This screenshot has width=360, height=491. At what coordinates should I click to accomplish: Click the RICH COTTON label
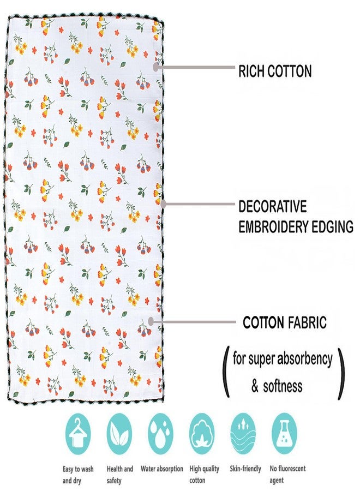pos(275,71)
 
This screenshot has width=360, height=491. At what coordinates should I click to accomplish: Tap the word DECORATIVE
pos(272,207)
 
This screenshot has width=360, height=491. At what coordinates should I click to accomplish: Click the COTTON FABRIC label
pos(285,322)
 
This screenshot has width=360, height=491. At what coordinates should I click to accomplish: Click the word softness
pos(283,386)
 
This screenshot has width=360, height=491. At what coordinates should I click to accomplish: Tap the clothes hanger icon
pos(78,434)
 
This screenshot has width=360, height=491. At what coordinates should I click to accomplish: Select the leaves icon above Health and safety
pos(119,434)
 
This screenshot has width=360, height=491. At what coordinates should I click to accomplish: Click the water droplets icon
pos(160,434)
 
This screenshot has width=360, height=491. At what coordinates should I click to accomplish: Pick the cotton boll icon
pos(202,434)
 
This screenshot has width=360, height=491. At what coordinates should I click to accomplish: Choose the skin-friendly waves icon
pos(243,434)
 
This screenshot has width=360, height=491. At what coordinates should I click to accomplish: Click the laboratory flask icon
pos(285,434)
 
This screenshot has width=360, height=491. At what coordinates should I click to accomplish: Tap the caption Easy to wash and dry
pos(78,475)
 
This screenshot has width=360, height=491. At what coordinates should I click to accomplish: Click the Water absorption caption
pos(162,469)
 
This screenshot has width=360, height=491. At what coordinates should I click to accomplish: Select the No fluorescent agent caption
pos(287,475)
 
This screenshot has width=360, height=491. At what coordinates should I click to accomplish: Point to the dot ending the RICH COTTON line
pos(156,67)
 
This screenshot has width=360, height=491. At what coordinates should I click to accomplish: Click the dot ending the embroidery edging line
pos(163,204)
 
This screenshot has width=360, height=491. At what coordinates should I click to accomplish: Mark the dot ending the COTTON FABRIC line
pos(151,321)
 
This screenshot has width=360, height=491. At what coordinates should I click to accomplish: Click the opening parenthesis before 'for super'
pos(226,372)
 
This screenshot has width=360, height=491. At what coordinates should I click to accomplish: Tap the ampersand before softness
pos(255,386)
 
